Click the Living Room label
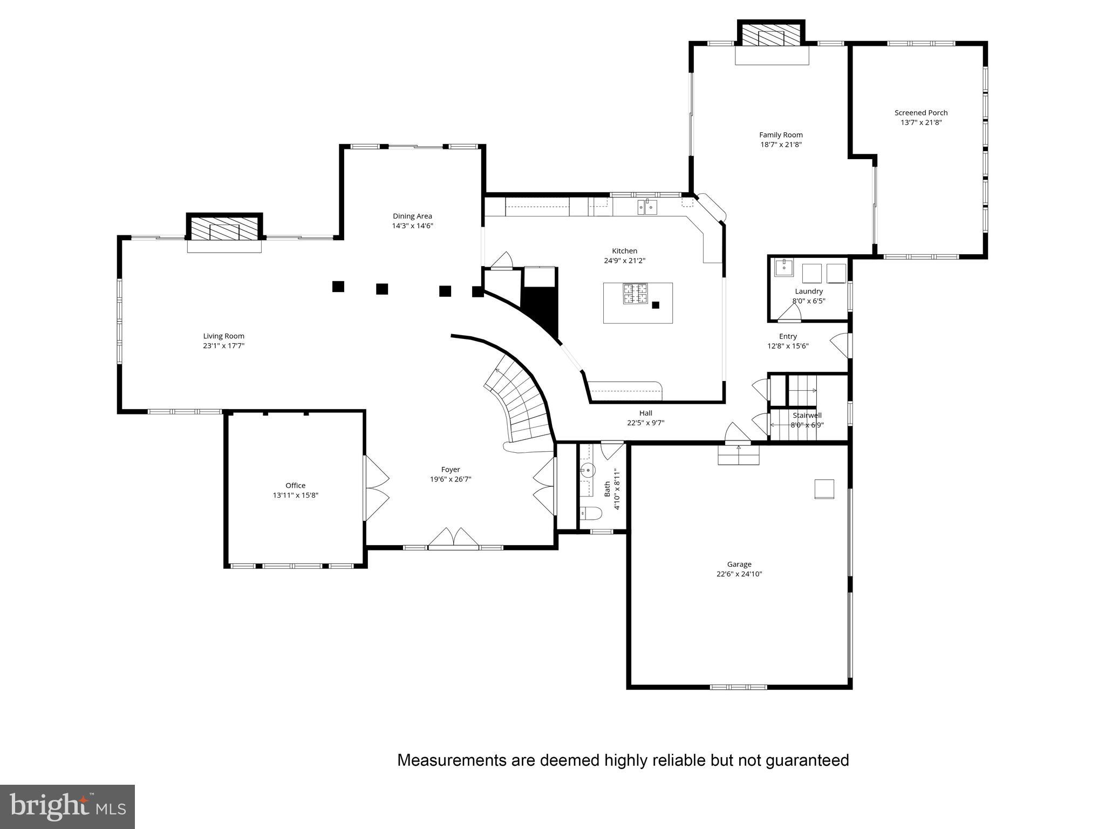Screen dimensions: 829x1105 click(223, 336)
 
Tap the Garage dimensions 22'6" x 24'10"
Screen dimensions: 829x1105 click(739, 574)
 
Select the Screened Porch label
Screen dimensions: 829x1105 click(920, 113)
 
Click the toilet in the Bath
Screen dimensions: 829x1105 click(591, 513)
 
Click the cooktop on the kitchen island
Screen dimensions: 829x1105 click(636, 294)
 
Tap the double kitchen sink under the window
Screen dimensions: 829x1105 click(647, 207)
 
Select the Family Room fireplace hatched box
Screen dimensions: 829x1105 click(771, 36)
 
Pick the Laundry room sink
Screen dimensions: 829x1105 click(783, 267)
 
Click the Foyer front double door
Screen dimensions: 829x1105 click(453, 539)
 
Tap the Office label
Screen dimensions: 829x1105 click(295, 485)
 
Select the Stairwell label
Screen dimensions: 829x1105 click(807, 416)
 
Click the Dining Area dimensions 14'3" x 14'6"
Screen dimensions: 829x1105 click(412, 226)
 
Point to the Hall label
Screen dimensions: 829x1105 click(645, 413)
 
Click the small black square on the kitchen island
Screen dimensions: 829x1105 click(656, 305)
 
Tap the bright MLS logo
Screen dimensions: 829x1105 click(67, 806)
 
